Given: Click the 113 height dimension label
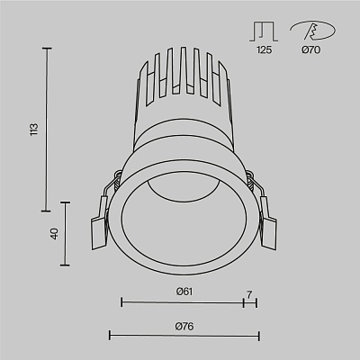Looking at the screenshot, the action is (x=34, y=130).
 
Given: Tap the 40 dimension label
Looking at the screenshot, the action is (x=54, y=234).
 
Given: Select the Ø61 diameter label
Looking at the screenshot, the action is (x=184, y=292).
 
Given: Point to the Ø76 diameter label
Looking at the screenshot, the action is (x=184, y=326).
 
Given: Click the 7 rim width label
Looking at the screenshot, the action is (x=249, y=294).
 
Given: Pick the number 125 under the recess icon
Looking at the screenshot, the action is (x=264, y=49).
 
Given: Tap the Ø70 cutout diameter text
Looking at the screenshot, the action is (x=311, y=49).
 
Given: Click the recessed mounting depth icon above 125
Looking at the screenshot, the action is (x=264, y=31).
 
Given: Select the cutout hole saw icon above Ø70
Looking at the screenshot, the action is (x=313, y=31).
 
